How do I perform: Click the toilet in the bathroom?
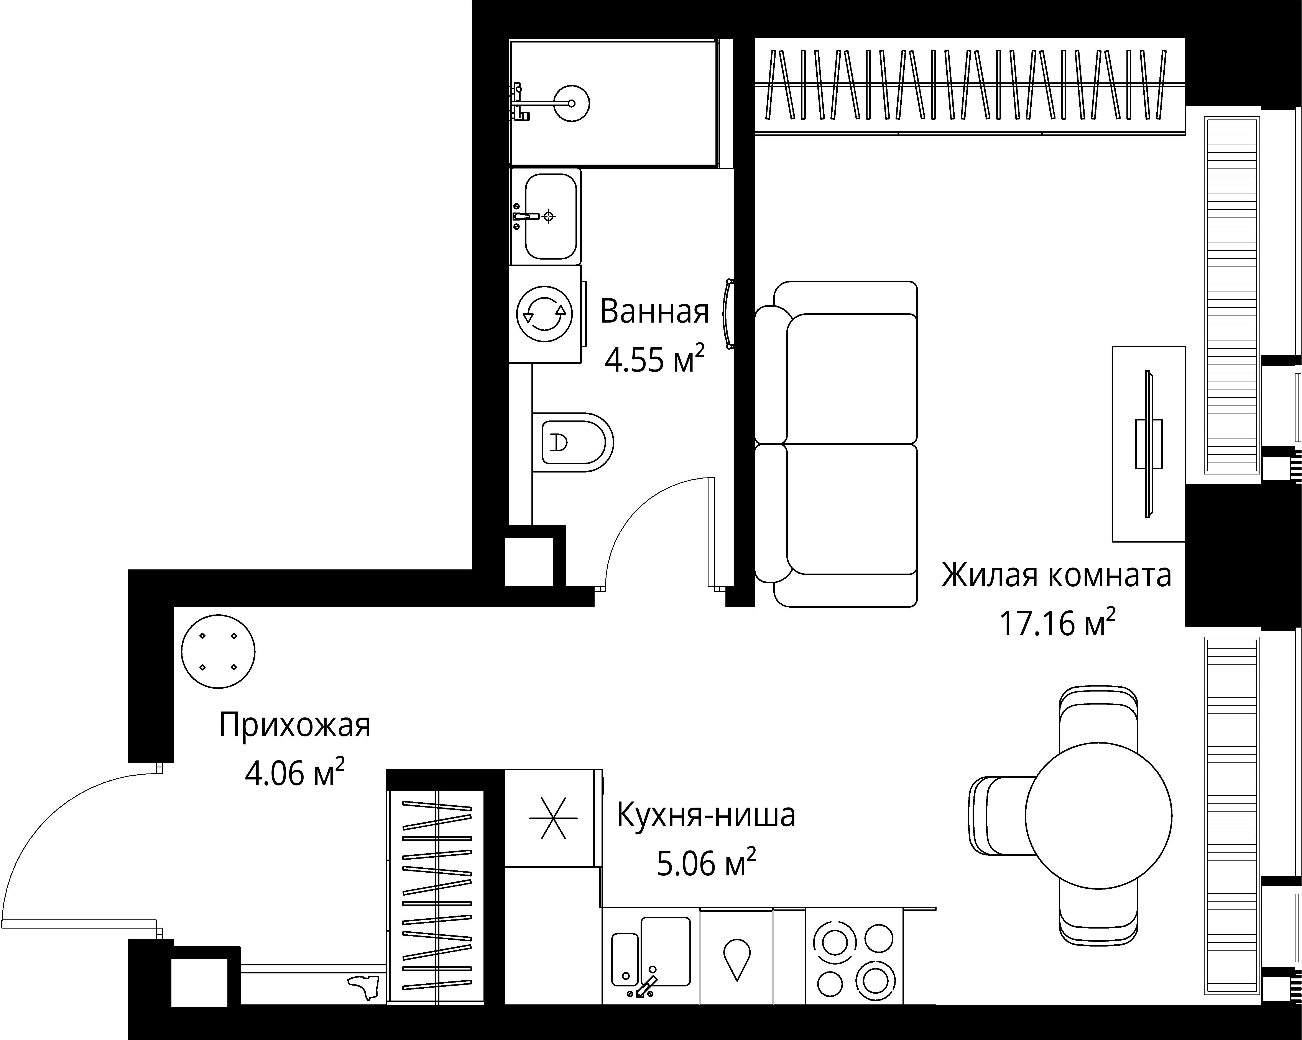tap(572, 442)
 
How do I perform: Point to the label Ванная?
tap(654, 312)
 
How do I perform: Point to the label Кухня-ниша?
tap(705, 816)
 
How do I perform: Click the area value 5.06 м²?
tap(705, 864)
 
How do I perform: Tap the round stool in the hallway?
tap(218, 651)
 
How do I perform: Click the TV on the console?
tap(1148, 444)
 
